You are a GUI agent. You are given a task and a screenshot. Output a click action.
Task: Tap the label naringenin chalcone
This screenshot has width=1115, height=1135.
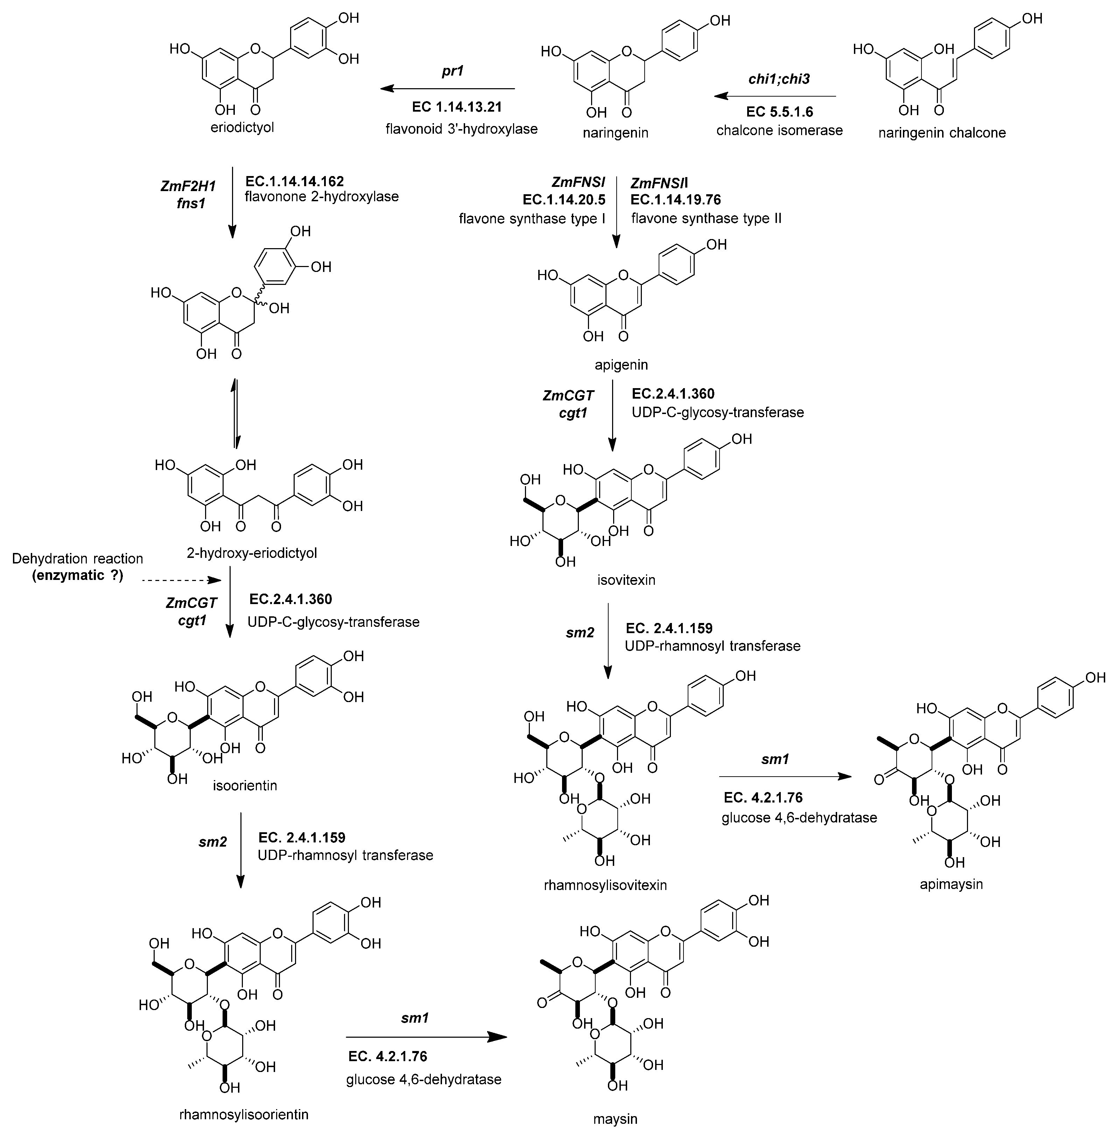point(942,133)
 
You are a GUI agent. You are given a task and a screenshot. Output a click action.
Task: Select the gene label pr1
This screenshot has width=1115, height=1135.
point(452,72)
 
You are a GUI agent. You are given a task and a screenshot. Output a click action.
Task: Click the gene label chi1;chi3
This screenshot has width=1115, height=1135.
point(779,78)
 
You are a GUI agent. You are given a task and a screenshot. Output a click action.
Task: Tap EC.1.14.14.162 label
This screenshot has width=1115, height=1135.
point(295,181)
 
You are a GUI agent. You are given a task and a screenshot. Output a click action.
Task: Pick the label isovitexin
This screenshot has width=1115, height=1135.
point(626,580)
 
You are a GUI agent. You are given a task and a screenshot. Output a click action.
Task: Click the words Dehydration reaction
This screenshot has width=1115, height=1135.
point(77,559)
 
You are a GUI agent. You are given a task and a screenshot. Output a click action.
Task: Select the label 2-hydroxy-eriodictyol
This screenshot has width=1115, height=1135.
point(252,552)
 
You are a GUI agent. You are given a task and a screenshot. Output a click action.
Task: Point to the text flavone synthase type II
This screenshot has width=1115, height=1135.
point(706,218)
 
